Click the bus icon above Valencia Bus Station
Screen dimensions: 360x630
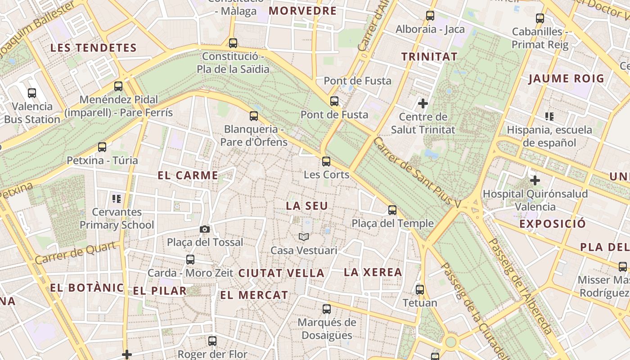(32, 93)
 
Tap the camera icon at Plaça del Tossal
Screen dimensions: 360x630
(205, 229)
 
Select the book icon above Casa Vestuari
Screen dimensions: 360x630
(304, 237)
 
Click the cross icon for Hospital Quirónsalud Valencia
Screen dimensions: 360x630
(535, 181)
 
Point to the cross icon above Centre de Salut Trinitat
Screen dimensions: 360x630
(423, 103)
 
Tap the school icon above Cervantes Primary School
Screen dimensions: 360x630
(117, 198)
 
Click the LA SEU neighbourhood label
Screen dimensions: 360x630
(307, 206)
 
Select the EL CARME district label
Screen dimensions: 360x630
(188, 175)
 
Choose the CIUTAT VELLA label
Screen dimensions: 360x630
(281, 273)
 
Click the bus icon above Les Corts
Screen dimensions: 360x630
(326, 161)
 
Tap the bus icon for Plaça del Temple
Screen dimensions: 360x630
(392, 210)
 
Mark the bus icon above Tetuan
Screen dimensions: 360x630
(420, 289)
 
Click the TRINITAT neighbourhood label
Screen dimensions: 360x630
(429, 57)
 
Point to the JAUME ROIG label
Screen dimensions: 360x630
(566, 79)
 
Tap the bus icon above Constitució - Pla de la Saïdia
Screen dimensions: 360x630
(233, 43)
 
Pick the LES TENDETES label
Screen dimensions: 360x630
(93, 48)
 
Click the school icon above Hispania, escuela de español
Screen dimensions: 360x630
(549, 117)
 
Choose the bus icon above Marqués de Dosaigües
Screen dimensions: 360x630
(327, 309)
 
